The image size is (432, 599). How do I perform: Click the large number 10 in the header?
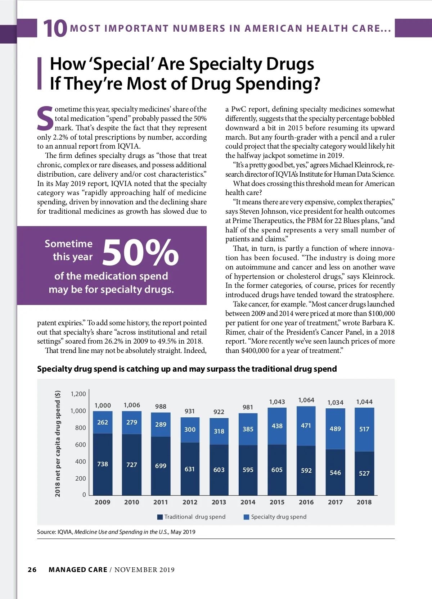click(x=55, y=28)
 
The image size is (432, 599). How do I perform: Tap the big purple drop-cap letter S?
click(x=45, y=118)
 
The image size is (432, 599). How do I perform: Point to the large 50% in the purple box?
click(x=140, y=253)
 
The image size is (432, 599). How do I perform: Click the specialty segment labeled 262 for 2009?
click(x=103, y=422)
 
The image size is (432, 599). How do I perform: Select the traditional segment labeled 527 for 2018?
click(x=364, y=473)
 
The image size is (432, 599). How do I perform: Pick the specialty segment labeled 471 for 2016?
click(x=306, y=426)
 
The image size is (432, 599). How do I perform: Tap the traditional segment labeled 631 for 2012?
click(x=190, y=469)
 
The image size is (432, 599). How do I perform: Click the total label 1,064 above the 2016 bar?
click(x=306, y=400)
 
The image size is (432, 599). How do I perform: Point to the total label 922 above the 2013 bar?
click(x=219, y=412)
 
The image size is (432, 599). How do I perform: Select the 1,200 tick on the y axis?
click(x=78, y=394)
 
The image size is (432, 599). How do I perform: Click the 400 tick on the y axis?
click(x=80, y=462)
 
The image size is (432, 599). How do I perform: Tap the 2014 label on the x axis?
click(x=248, y=502)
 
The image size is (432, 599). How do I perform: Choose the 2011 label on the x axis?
click(x=161, y=502)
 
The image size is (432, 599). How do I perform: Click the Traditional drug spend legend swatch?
click(x=160, y=517)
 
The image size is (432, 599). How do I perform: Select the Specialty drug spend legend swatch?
click(x=247, y=517)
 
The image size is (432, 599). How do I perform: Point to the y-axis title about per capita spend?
click(x=58, y=444)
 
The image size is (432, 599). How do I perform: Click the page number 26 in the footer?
click(x=32, y=570)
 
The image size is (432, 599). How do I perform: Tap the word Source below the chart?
click(x=46, y=532)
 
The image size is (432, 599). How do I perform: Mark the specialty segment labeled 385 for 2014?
click(x=248, y=429)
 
